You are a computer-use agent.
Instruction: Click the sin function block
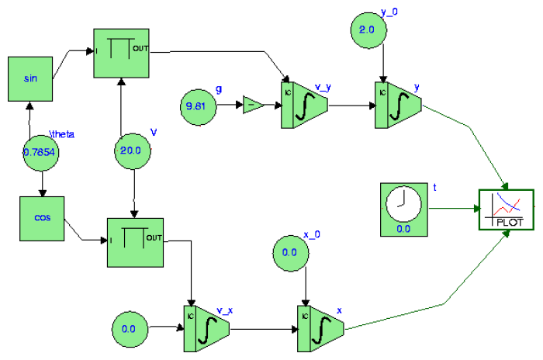pos(31,78)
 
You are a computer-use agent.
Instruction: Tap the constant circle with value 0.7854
pos(40,153)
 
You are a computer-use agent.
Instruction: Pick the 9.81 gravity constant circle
pos(199,103)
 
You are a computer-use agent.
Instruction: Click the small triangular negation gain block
pos(252,104)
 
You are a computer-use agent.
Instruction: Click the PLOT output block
pos(506,209)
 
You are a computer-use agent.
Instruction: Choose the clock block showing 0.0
pos(403,209)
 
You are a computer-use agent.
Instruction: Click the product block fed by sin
pos(122,54)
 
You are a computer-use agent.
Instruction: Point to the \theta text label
pos(61,133)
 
